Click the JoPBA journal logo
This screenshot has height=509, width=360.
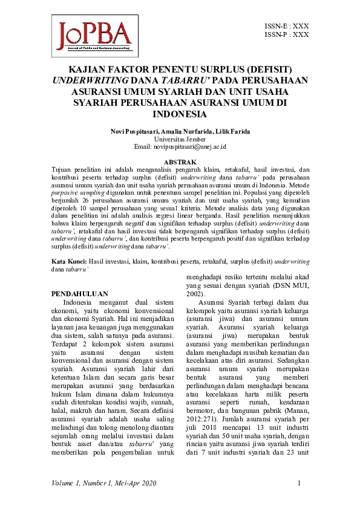click(x=94, y=36)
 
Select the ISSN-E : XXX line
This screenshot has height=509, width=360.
click(x=287, y=27)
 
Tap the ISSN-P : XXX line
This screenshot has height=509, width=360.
click(x=287, y=35)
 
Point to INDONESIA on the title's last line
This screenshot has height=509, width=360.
click(x=180, y=114)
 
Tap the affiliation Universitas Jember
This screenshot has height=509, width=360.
click(x=180, y=138)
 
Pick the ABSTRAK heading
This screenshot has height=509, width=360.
click(x=180, y=162)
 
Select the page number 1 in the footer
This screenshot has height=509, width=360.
click(x=299, y=483)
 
